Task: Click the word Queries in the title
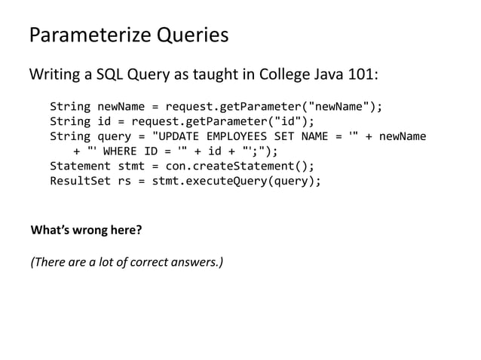point(191,35)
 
